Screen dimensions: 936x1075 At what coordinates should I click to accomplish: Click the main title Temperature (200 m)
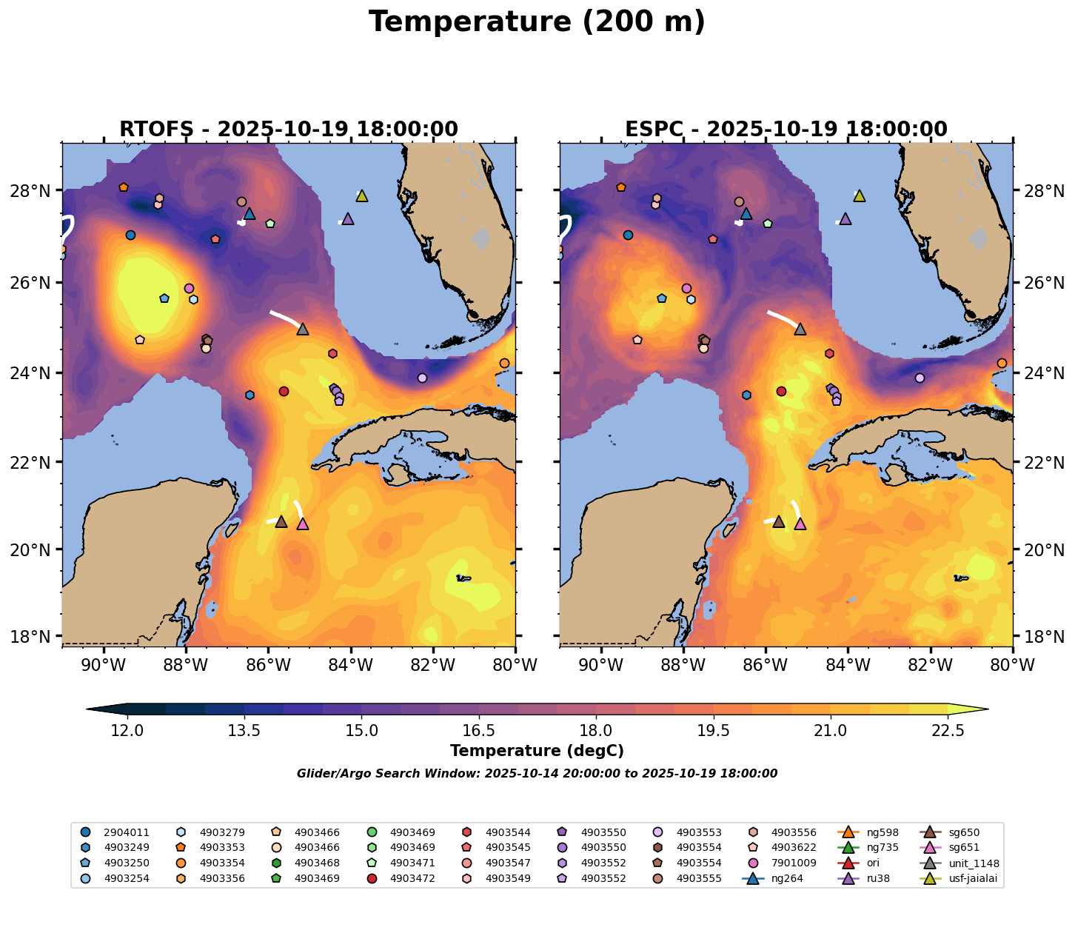[x=537, y=22]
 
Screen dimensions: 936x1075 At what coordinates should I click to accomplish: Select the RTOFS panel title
[x=289, y=130]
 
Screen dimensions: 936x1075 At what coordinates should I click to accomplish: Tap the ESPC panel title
[x=786, y=130]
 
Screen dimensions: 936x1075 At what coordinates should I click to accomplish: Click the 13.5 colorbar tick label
[x=244, y=731]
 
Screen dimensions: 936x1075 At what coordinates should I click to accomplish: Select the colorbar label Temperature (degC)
[x=537, y=751]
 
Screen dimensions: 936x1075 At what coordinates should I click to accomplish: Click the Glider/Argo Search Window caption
[x=537, y=774]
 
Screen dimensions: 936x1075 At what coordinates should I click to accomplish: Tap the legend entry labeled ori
[x=873, y=863]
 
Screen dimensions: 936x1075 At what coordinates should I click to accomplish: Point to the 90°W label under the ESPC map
[x=600, y=665]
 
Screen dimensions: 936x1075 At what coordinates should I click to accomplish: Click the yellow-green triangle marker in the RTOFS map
[x=362, y=196]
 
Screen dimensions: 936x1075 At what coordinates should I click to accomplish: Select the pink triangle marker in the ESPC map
[x=800, y=524]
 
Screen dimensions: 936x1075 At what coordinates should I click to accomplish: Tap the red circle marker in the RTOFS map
[x=284, y=391]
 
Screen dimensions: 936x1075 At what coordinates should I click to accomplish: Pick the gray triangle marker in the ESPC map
[x=800, y=330]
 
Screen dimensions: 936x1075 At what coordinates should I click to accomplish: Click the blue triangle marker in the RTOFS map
[x=250, y=214]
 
